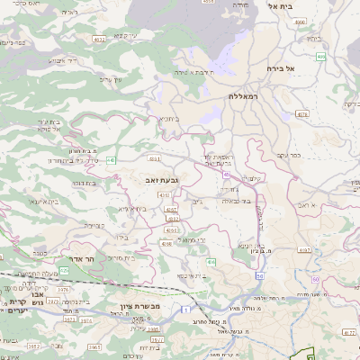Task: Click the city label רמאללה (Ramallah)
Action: tap(244, 95)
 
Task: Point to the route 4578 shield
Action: tap(301, 114)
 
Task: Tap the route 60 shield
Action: tap(316, 279)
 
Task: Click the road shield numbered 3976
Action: tap(64, 289)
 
